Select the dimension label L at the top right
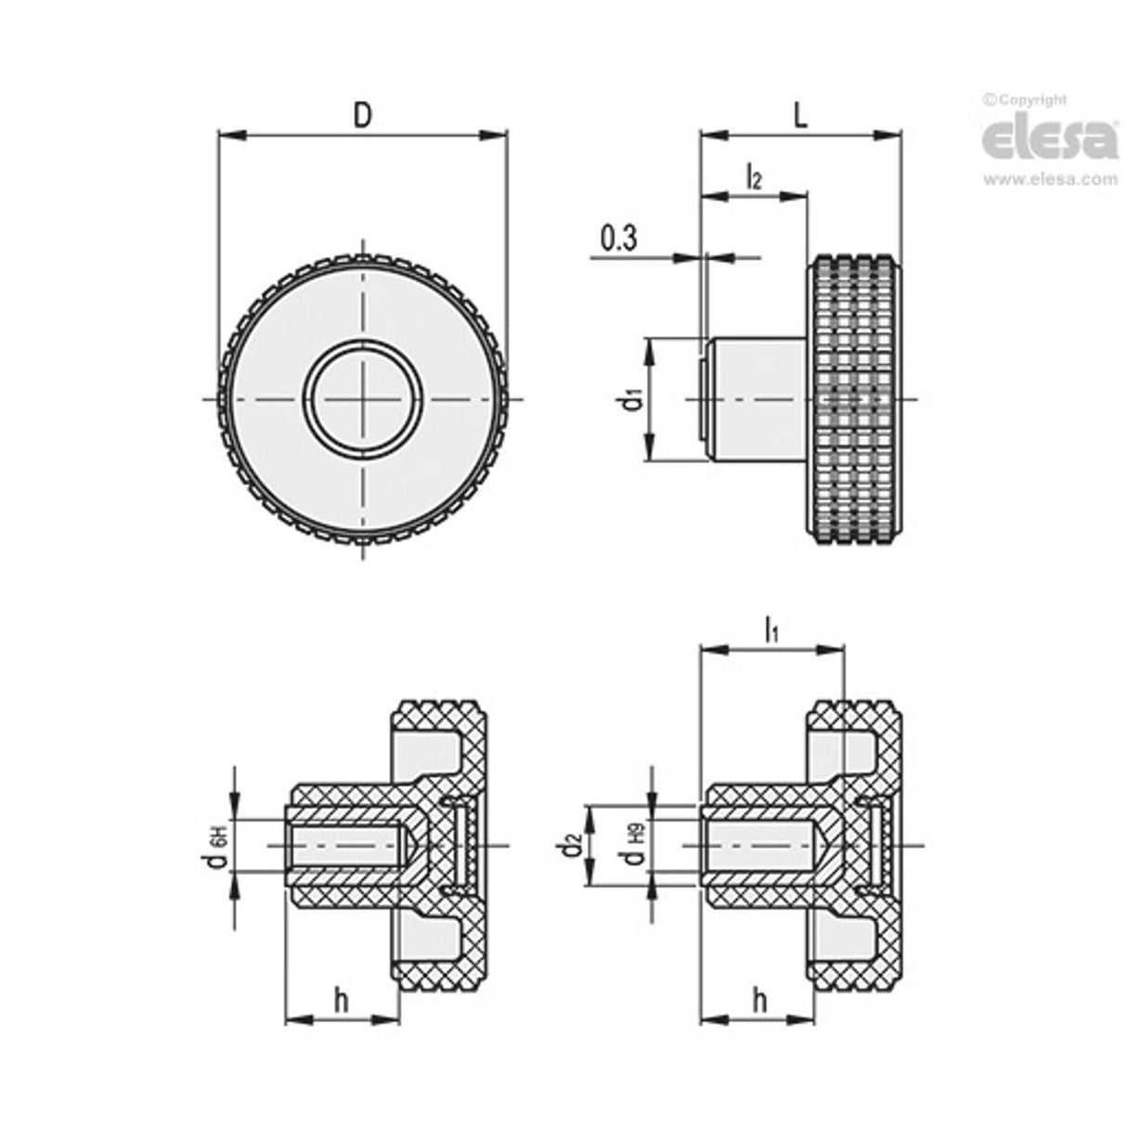click(x=801, y=114)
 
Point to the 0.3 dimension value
click(x=618, y=240)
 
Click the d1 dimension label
click(x=630, y=400)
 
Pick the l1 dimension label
click(x=771, y=631)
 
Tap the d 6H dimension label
click(x=217, y=845)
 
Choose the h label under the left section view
click(x=341, y=1001)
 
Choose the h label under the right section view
click(x=759, y=1001)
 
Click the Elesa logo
click(x=1049, y=139)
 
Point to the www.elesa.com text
click(x=1050, y=180)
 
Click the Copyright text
click(x=1026, y=99)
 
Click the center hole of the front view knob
click(x=365, y=400)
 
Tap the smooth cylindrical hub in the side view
click(x=757, y=400)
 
